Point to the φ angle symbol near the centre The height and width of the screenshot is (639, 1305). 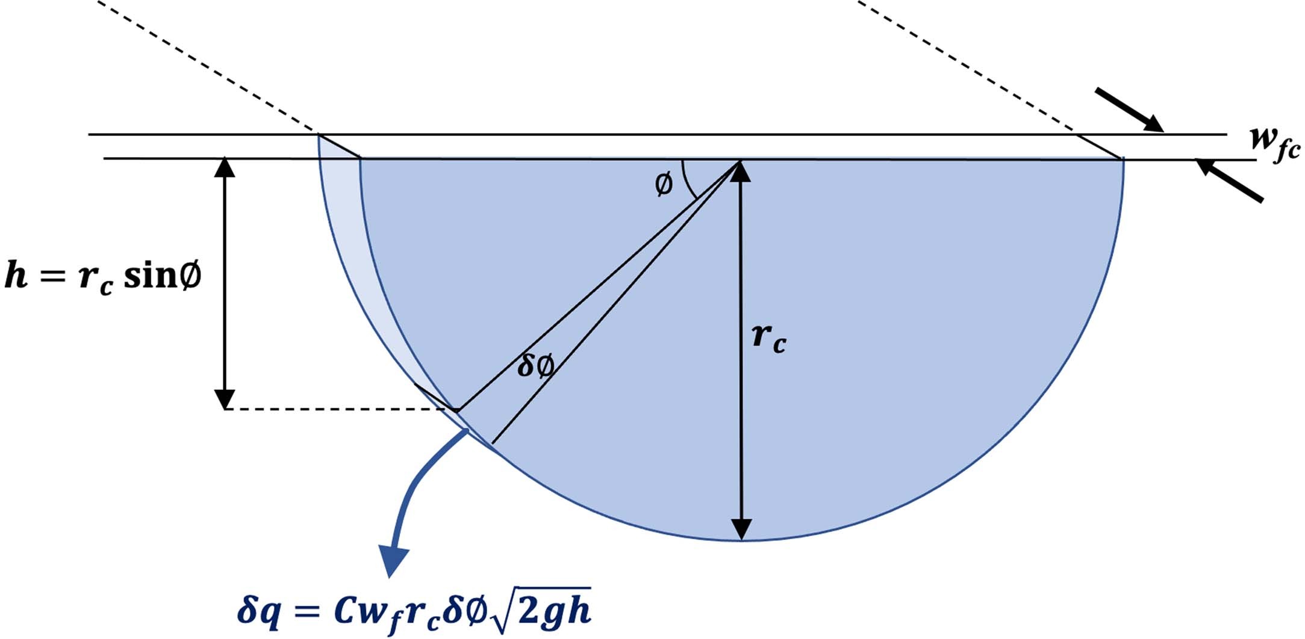pyautogui.click(x=663, y=184)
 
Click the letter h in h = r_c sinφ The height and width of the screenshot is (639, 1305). pyautogui.click(x=16, y=275)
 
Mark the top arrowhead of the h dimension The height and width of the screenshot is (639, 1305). pyautogui.click(x=225, y=168)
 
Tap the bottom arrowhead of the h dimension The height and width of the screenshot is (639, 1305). pyautogui.click(x=225, y=399)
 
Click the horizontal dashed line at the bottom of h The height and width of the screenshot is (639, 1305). pyautogui.click(x=337, y=409)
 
